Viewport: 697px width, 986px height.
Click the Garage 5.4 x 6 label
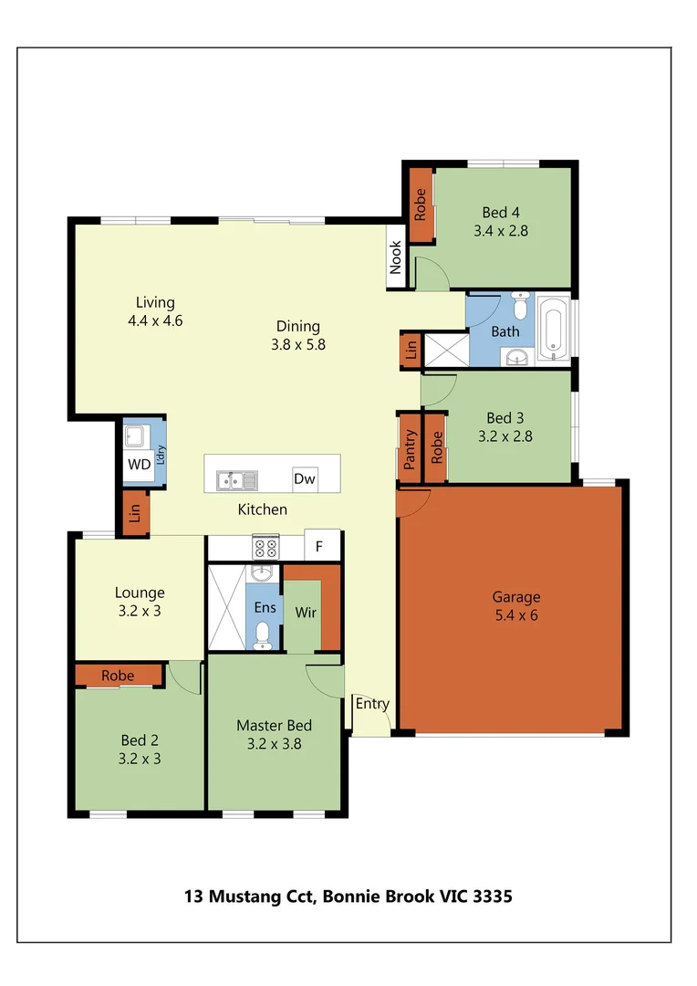(x=516, y=606)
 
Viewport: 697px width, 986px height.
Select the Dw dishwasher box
(x=304, y=478)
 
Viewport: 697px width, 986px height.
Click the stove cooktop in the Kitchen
(x=265, y=547)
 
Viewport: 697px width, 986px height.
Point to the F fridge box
(x=319, y=547)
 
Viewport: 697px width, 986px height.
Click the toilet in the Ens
(x=263, y=634)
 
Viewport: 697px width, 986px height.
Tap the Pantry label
(x=410, y=448)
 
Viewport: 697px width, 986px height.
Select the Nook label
(x=396, y=257)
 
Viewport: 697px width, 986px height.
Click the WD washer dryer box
(x=139, y=464)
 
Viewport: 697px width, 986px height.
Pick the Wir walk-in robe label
(x=306, y=613)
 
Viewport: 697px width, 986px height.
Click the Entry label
(x=372, y=704)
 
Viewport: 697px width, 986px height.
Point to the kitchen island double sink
(x=237, y=478)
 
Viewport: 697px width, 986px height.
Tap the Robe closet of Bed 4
(x=421, y=205)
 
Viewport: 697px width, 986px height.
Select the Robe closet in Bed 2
(x=119, y=676)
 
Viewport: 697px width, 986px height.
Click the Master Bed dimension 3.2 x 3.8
(x=274, y=743)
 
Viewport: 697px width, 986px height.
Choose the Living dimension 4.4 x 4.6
(x=156, y=320)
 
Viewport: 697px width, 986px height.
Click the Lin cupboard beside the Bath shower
(x=411, y=349)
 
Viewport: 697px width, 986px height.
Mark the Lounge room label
(x=140, y=593)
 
